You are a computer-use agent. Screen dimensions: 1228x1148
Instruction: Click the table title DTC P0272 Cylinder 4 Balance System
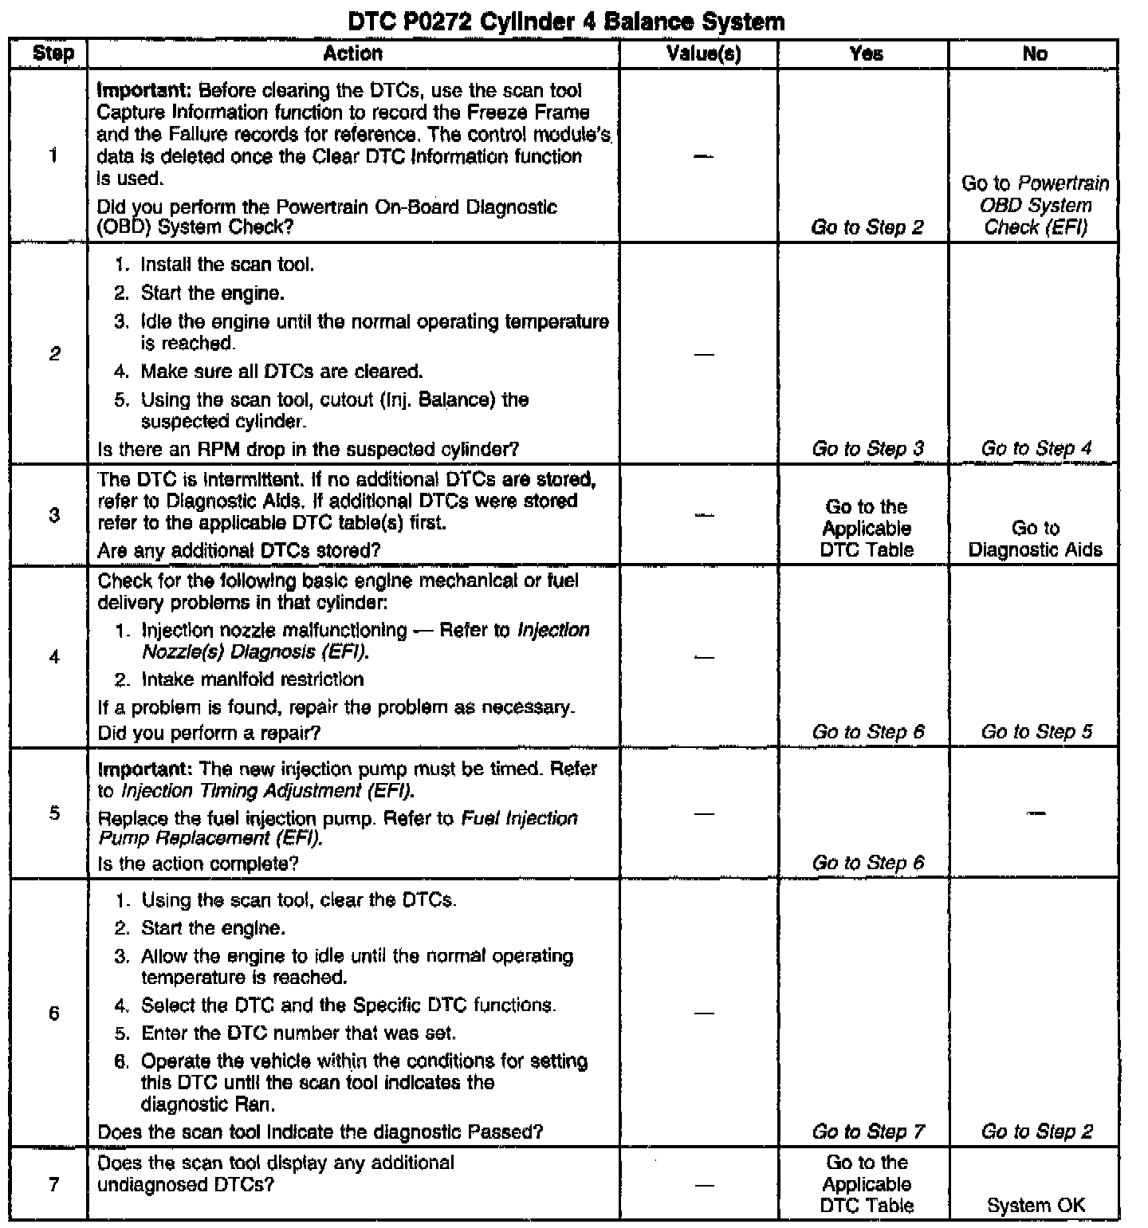tap(567, 22)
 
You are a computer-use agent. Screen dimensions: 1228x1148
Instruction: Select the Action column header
tap(353, 54)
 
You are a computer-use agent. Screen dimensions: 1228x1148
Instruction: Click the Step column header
tap(53, 54)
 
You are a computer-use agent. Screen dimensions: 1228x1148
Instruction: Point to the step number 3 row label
tap(53, 515)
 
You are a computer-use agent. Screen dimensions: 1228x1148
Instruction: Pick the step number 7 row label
tap(53, 1184)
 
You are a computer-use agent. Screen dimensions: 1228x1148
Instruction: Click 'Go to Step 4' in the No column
tap(1036, 449)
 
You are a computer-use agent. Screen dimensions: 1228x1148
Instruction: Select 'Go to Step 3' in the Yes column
tap(867, 449)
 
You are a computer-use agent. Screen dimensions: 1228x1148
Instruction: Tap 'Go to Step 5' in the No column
tap(1036, 732)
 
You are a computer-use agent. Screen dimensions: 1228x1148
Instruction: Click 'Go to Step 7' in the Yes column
tap(867, 1132)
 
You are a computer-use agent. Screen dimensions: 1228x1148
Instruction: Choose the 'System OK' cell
tap(1036, 1206)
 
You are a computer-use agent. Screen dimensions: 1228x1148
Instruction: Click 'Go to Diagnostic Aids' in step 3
tap(1036, 539)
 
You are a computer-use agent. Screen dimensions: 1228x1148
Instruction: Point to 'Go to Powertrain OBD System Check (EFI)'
tap(1036, 206)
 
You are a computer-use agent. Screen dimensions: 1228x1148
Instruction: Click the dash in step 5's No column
tap(1036, 813)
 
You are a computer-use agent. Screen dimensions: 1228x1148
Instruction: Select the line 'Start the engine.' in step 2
tap(212, 293)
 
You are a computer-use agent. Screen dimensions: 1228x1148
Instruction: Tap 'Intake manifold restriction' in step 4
tap(252, 679)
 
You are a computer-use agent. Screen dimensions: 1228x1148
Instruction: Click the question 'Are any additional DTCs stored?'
tap(238, 550)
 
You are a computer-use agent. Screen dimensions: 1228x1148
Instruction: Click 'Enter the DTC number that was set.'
tap(298, 1033)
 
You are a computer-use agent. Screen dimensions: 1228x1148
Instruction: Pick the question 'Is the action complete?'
tap(198, 864)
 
